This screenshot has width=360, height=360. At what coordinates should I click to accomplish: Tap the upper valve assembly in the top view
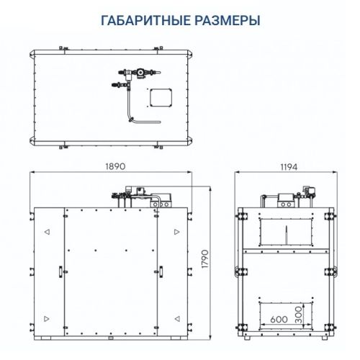[x=139, y=73]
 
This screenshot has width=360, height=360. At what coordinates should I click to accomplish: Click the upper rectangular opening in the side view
[x=287, y=230]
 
